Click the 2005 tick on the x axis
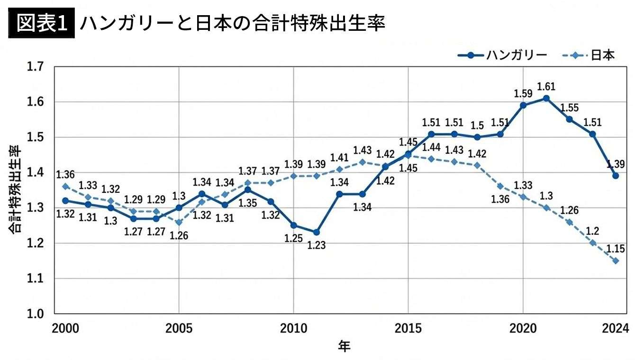point(179,328)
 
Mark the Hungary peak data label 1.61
point(546,87)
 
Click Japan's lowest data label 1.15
point(616,248)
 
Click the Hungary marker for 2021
point(546,99)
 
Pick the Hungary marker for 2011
point(317,232)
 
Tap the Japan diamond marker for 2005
point(179,222)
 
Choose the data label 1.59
point(523,93)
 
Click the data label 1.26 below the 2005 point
point(179,235)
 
